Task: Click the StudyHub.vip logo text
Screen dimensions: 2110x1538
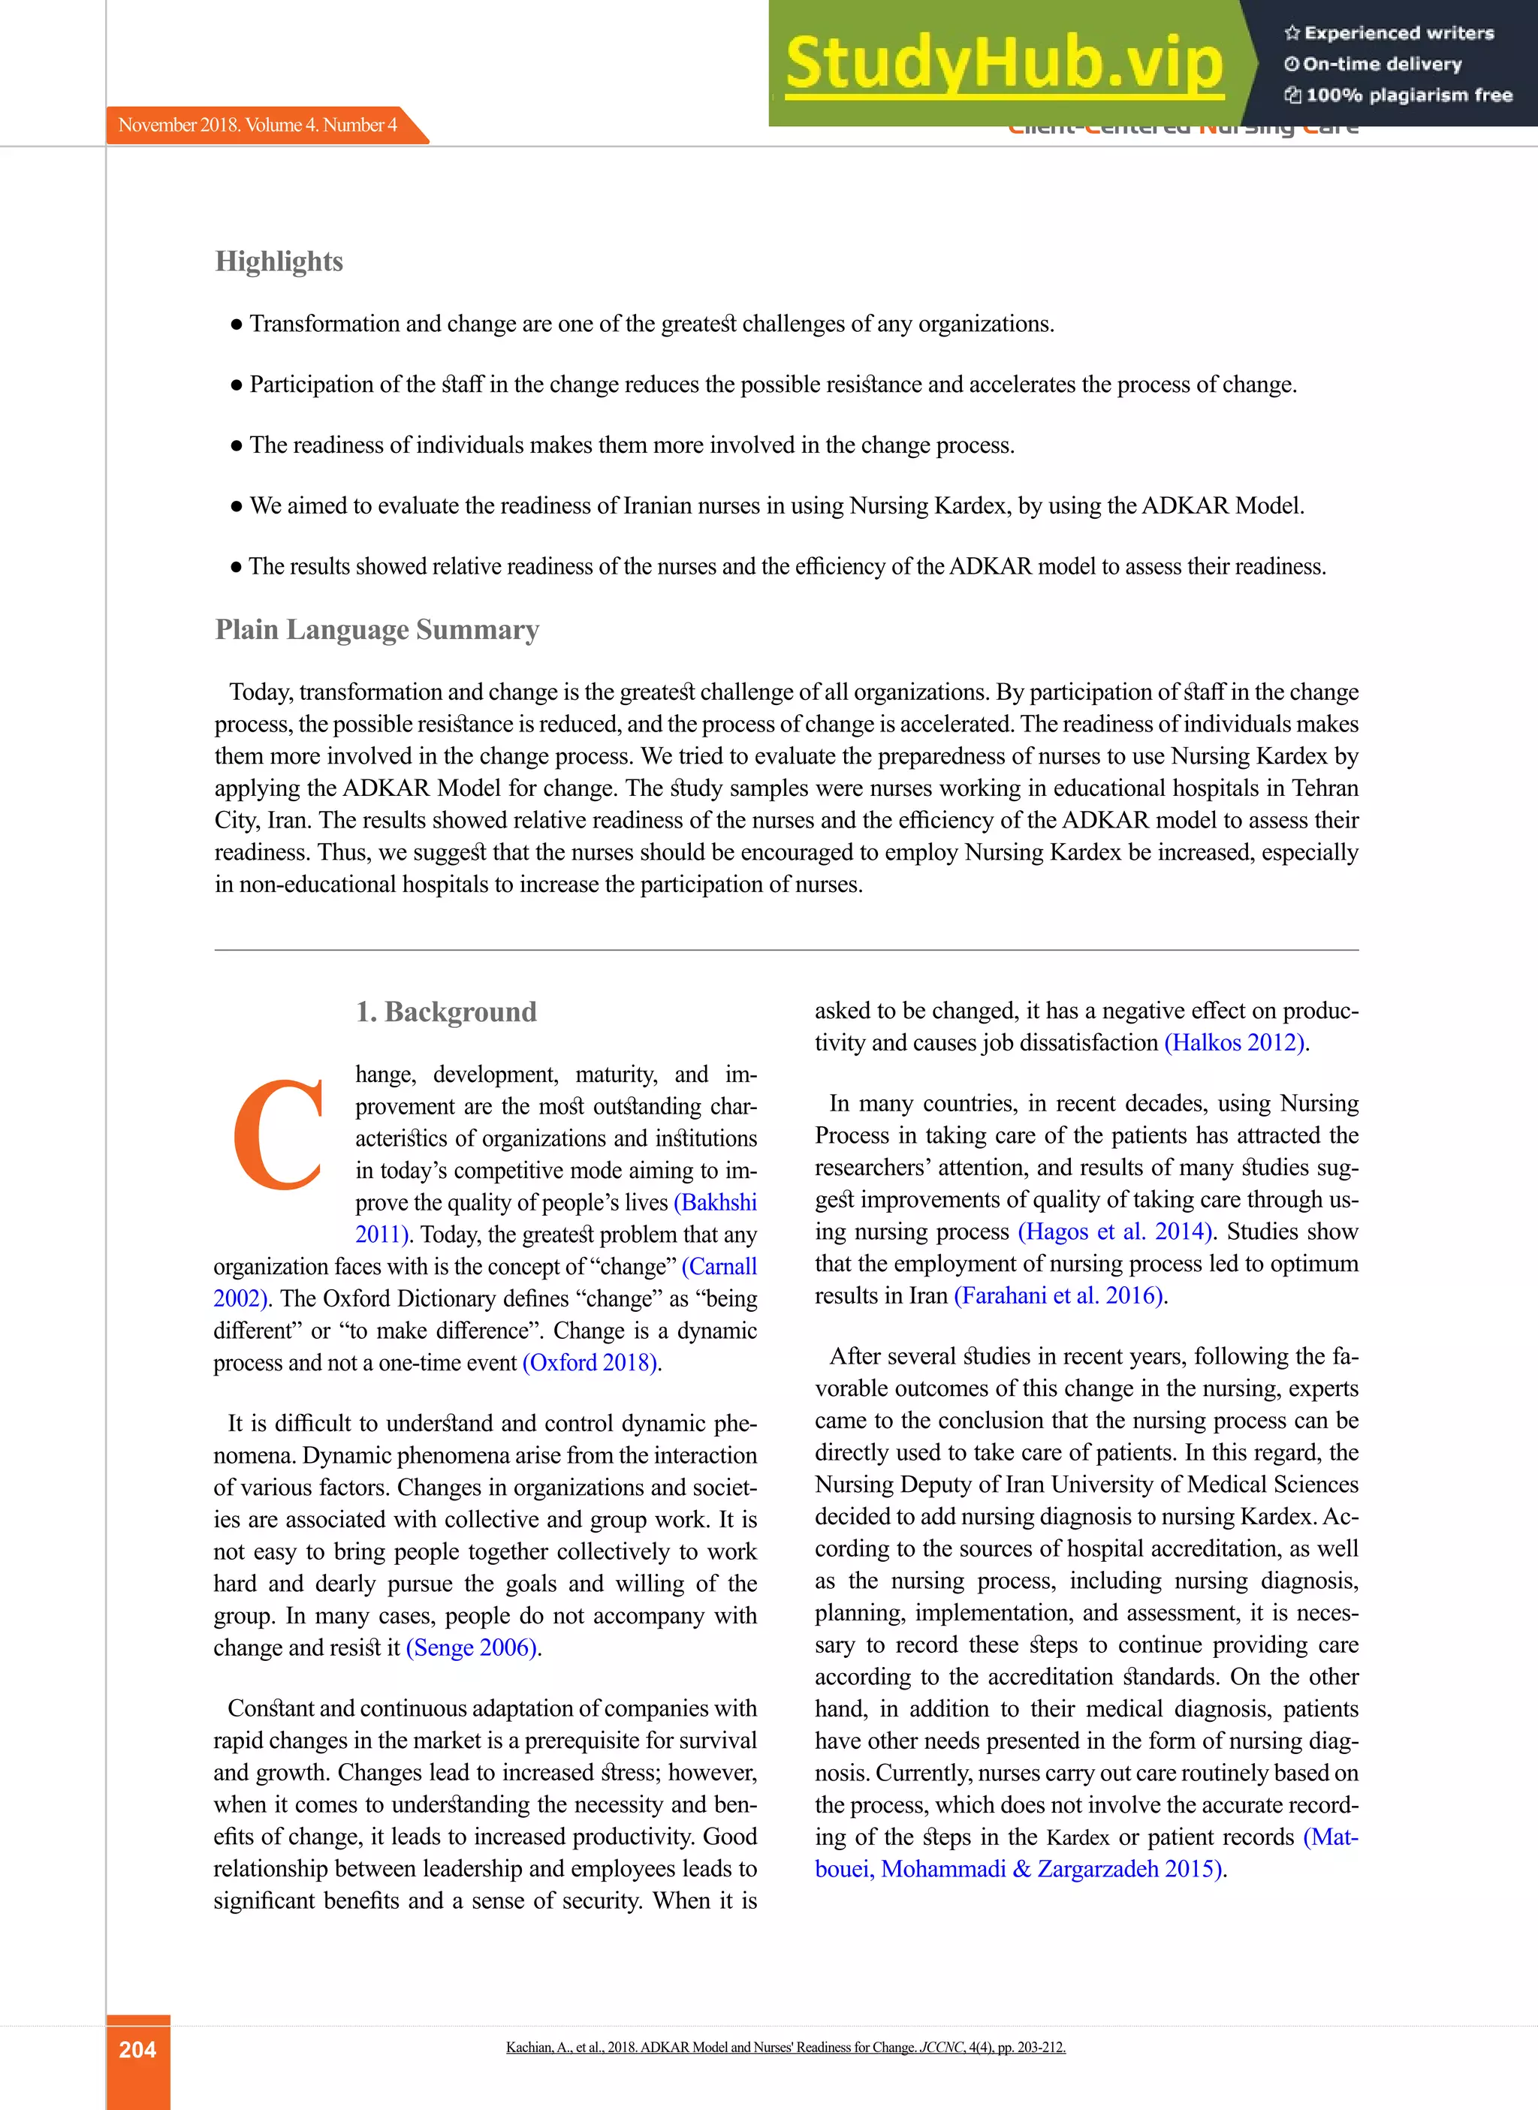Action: [1003, 63]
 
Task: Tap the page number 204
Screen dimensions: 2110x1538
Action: [137, 2048]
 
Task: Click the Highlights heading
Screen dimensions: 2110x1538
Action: [279, 261]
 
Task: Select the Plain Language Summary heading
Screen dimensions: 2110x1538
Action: [376, 630]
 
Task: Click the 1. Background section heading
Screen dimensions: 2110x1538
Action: [446, 1011]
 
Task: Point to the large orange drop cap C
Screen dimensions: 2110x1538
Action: [277, 1135]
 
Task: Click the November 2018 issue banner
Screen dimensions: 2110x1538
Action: [258, 125]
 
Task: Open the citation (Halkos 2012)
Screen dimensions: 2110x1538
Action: [1235, 1042]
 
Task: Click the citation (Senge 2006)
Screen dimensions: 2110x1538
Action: [473, 1647]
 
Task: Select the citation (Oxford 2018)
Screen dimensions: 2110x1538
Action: [591, 1363]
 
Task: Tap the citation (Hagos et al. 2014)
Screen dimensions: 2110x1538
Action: [1115, 1231]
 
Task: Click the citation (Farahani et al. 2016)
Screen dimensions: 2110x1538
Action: [1060, 1295]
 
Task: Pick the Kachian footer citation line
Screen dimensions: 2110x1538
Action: [785, 2047]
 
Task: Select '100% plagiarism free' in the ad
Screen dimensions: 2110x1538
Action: [1407, 95]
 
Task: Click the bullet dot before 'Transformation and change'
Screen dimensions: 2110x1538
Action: [237, 325]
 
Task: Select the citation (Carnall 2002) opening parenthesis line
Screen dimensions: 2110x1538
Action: [719, 1267]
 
